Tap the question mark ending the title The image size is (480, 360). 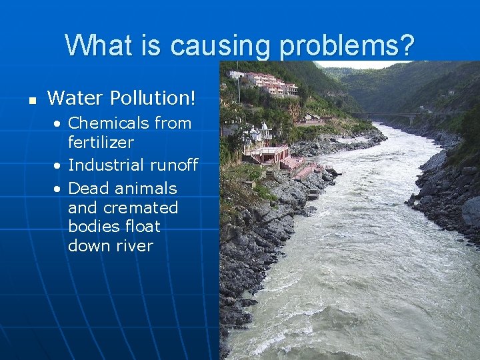[x=407, y=46]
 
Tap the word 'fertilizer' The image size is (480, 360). [x=101, y=142]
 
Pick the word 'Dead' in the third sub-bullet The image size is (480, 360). [x=89, y=188]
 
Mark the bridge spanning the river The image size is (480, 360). [x=393, y=115]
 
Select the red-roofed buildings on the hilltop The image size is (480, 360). [x=270, y=83]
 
